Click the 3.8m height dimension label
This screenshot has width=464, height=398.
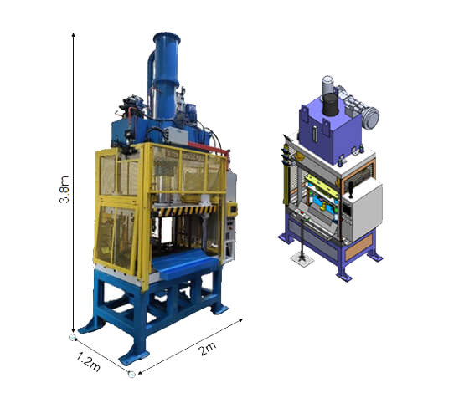64,190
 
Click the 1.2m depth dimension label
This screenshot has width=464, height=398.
88,361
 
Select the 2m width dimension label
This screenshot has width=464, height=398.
208,349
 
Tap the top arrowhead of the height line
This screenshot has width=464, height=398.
74,35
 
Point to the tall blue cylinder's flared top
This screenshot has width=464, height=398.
167,38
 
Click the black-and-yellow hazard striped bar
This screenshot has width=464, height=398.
184,211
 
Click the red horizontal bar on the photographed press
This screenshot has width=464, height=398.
208,148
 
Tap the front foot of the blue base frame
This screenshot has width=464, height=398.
134,358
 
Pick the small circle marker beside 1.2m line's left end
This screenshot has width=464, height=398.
72,337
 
